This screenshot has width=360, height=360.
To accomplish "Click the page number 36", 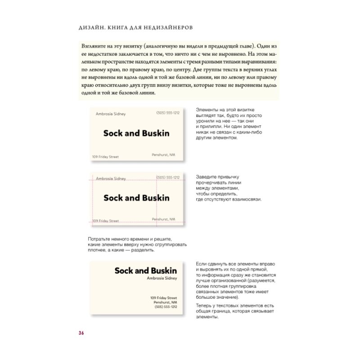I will click(x=81, y=333).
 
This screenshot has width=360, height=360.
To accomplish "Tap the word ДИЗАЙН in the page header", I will click(x=91, y=27).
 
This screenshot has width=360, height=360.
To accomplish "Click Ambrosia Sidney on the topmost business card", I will click(x=111, y=114).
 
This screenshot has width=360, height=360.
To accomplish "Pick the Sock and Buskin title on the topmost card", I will click(x=136, y=133).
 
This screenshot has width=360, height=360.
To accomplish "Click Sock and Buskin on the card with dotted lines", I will click(x=136, y=198).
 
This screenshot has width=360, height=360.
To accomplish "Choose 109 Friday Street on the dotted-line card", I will click(x=106, y=221).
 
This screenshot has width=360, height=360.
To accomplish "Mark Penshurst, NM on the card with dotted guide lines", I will click(x=163, y=219).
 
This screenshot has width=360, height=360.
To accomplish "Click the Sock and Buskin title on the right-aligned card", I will click(x=145, y=270).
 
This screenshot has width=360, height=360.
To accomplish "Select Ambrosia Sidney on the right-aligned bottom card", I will click(x=162, y=278).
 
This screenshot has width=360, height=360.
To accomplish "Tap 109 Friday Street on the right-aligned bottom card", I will click(x=163, y=298).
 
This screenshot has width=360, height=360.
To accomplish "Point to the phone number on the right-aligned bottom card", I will click(x=166, y=307).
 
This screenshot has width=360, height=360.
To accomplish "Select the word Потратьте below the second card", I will click(x=102, y=239).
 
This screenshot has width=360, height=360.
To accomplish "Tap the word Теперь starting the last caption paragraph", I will click(x=206, y=306).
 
